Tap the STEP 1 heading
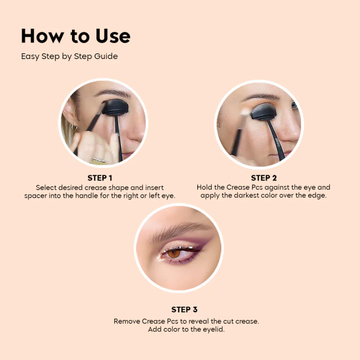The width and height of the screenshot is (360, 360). click(x=103, y=178)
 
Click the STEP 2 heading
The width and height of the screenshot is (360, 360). click(x=264, y=178)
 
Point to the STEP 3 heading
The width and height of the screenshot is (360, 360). click(x=184, y=310)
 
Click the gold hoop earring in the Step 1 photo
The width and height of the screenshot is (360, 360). click(x=74, y=127)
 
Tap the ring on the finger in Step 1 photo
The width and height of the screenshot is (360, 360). click(x=99, y=160)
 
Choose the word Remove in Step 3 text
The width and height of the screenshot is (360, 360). click(x=127, y=321)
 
